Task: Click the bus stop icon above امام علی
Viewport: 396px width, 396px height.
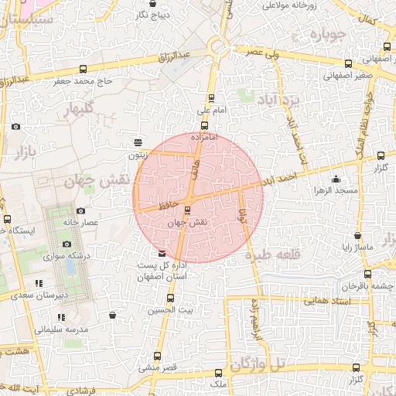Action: [211, 98]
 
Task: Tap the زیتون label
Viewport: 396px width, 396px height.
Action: [138, 155]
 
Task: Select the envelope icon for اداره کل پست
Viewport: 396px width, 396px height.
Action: [161, 254]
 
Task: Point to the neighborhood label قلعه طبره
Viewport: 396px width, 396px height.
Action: [271, 255]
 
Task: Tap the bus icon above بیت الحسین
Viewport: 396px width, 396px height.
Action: [171, 299]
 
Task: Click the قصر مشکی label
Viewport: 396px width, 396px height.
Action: [158, 368]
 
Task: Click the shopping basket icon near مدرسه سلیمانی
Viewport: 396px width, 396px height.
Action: [114, 315]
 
